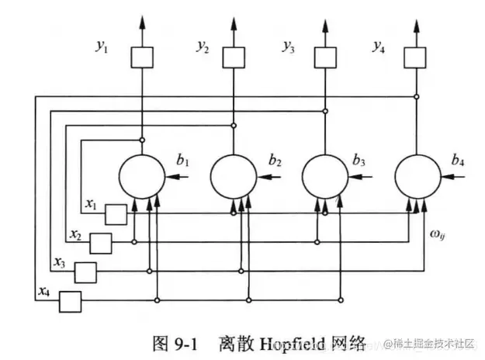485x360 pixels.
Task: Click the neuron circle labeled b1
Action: (x=140, y=177)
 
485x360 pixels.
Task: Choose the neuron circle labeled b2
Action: (x=234, y=177)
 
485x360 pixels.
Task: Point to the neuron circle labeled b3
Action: (x=324, y=177)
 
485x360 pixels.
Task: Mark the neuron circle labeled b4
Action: (x=417, y=177)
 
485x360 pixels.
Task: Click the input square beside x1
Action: (x=116, y=213)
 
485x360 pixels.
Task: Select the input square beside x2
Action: (x=101, y=243)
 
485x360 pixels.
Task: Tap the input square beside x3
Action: (x=85, y=272)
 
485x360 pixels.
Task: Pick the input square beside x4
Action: (x=70, y=300)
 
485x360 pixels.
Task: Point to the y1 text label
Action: (x=102, y=48)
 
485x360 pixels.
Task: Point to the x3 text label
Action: (x=60, y=262)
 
